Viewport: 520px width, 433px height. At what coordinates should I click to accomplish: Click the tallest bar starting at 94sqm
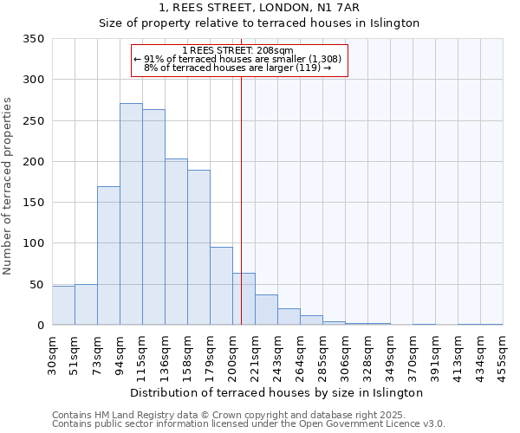(131, 214)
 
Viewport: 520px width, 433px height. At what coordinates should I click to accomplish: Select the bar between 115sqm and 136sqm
(153, 217)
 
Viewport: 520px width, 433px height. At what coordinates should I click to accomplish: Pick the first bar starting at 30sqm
(63, 306)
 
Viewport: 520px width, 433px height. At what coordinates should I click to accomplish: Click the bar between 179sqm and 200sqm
(221, 286)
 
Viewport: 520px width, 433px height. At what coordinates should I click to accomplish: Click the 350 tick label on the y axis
(33, 39)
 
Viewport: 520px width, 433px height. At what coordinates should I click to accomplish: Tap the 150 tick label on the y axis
(33, 203)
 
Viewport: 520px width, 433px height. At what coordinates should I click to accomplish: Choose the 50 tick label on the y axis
(36, 285)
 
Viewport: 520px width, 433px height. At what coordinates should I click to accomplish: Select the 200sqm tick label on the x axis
(232, 353)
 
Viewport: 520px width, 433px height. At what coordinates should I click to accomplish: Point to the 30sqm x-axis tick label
(52, 353)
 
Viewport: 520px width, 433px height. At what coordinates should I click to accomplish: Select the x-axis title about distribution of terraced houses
(276, 392)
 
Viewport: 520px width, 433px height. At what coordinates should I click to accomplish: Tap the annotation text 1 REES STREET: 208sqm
(239, 50)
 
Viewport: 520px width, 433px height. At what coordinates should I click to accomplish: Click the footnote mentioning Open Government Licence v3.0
(249, 423)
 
